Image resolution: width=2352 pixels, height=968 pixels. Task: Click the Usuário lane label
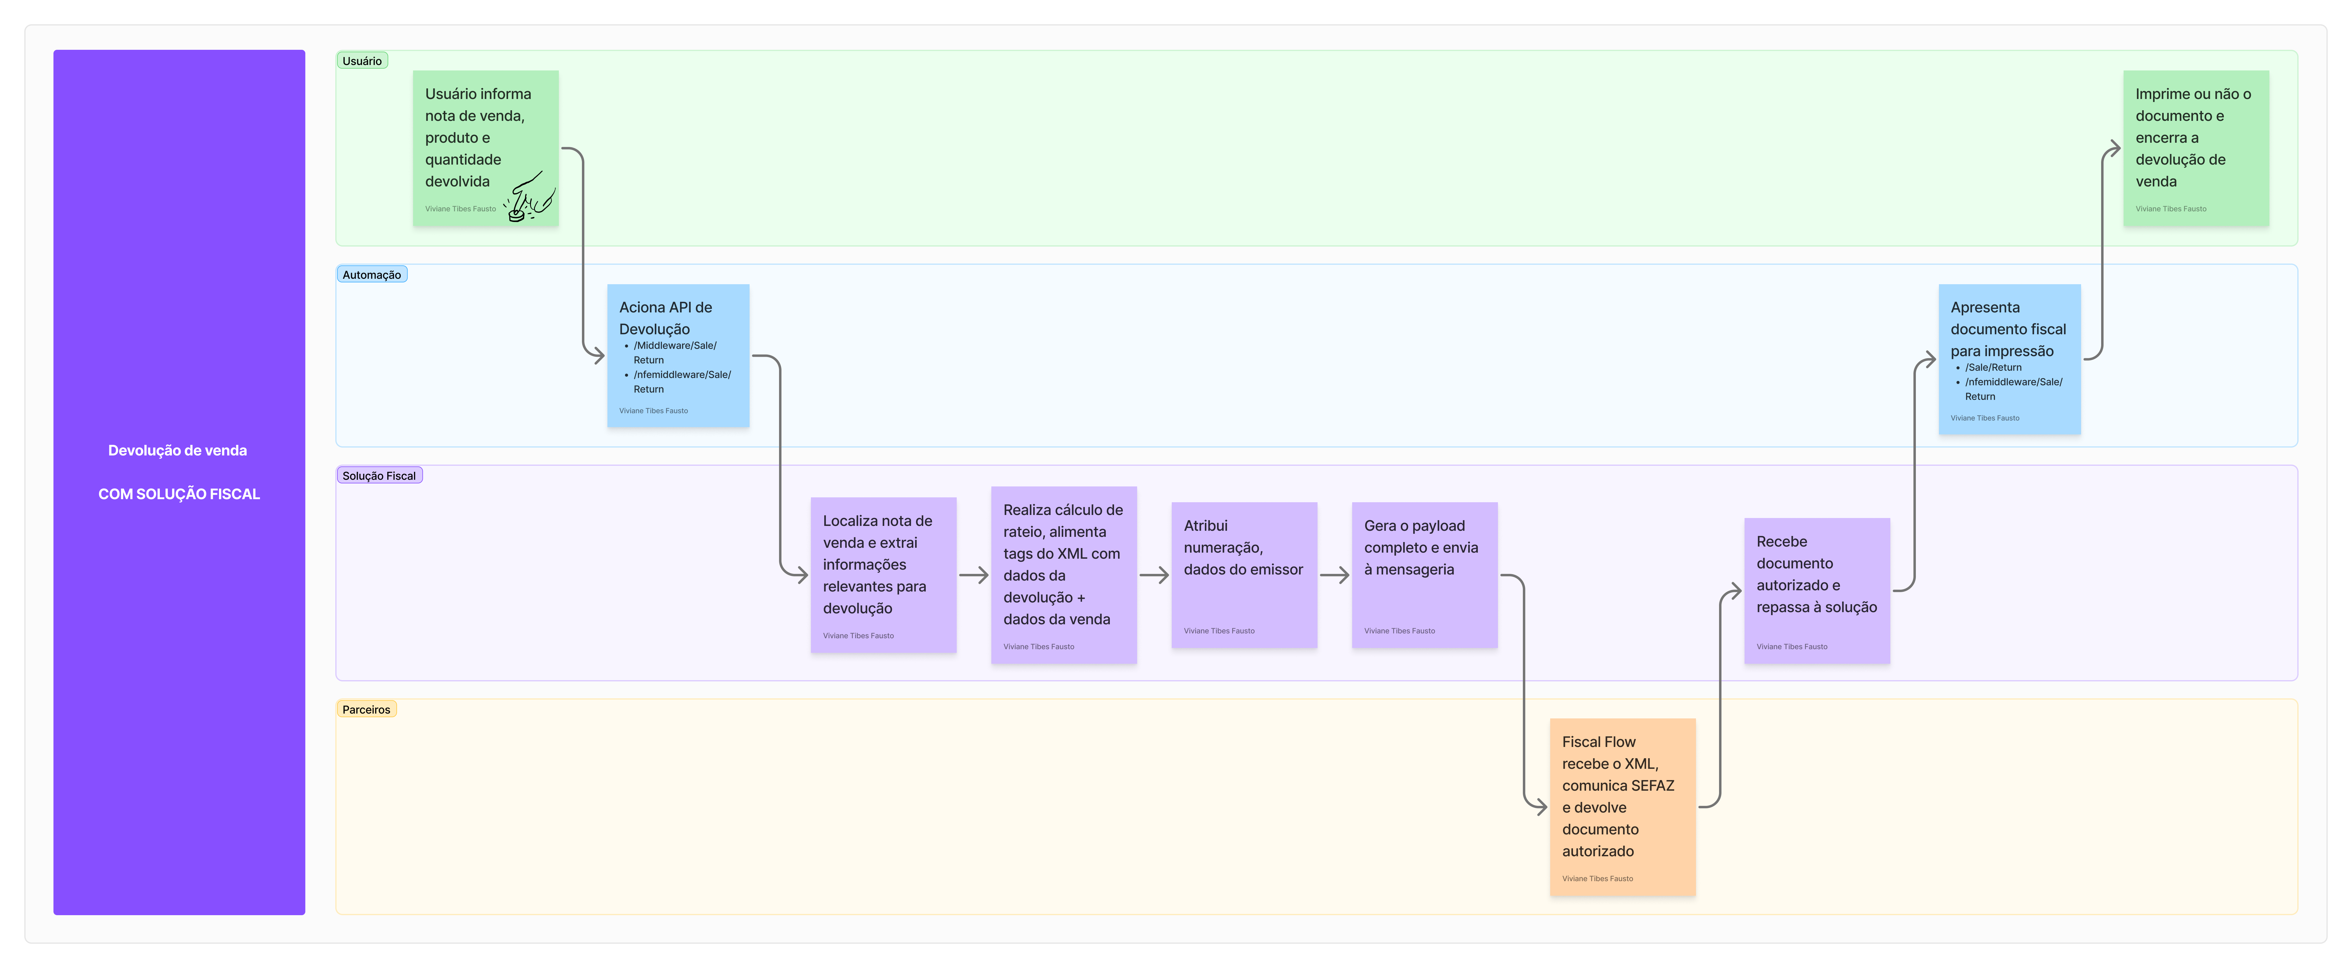(x=362, y=61)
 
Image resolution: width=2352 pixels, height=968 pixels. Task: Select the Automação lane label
(x=372, y=275)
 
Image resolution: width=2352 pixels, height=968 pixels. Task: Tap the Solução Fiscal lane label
(x=379, y=476)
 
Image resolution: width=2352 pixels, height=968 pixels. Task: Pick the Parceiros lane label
(x=366, y=710)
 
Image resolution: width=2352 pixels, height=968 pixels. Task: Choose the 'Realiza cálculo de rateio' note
(x=1064, y=574)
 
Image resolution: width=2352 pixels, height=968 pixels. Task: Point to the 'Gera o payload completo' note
(x=1424, y=574)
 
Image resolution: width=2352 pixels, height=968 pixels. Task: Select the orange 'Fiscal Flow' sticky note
(x=1622, y=806)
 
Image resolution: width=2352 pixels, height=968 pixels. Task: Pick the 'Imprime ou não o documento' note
(x=2196, y=148)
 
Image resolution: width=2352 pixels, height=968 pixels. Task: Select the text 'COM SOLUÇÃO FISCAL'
(x=179, y=494)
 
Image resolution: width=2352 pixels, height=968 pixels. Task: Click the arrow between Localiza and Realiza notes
(x=973, y=574)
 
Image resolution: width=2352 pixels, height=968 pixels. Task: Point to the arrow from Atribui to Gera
(x=1334, y=574)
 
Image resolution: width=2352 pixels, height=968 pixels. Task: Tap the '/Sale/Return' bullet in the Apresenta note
(x=1993, y=367)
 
